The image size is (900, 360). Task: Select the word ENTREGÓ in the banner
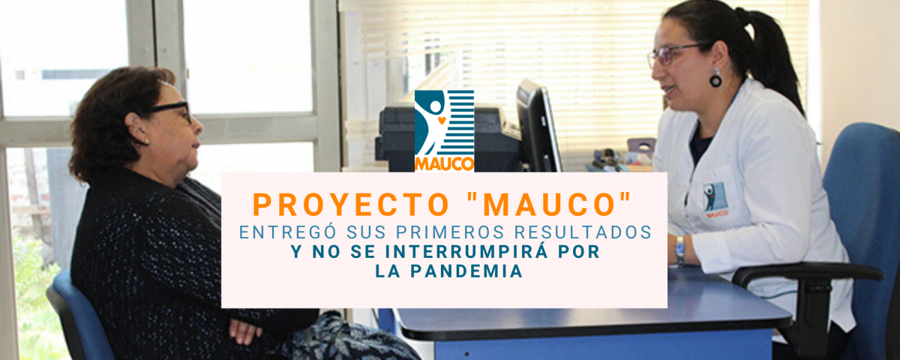pos(287,232)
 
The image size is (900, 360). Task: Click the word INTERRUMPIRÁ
pos(466,251)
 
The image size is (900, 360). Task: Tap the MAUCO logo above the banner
pos(444,130)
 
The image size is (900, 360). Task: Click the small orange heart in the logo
pos(442,120)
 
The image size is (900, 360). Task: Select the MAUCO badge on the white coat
pos(716,199)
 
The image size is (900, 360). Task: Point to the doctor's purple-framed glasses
pos(675,55)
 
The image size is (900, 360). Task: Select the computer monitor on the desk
pos(538,127)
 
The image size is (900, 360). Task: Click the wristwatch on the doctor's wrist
pos(679,250)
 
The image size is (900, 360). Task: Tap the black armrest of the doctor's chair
pos(808,273)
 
